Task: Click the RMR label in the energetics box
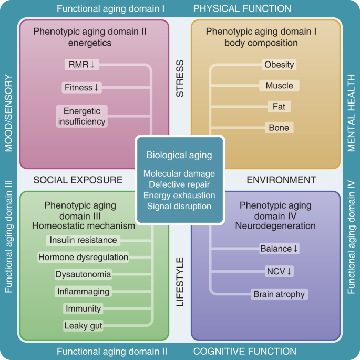click(81, 65)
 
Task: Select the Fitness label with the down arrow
click(81, 88)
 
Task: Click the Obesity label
click(279, 65)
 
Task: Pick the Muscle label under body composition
click(279, 86)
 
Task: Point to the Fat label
click(279, 107)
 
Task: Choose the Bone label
click(279, 128)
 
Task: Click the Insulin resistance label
click(83, 240)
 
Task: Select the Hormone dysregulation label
click(83, 257)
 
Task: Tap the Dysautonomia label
click(83, 274)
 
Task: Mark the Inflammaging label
click(83, 291)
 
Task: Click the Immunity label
click(83, 308)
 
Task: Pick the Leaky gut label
click(83, 325)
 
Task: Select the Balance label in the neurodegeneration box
click(279, 249)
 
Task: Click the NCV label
click(279, 271)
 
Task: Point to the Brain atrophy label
click(279, 294)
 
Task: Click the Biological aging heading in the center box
click(179, 155)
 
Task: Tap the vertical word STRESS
click(180, 79)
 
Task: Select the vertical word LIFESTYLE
click(180, 282)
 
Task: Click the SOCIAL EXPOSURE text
click(78, 180)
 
